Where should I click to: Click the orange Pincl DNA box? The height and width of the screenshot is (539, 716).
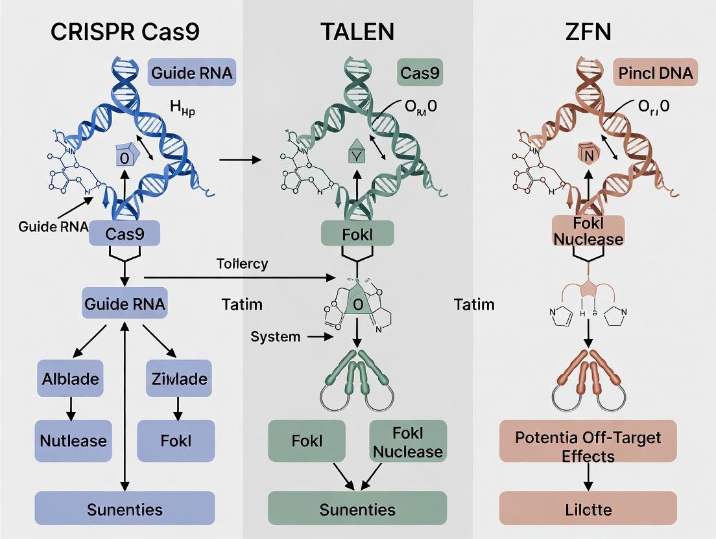[x=655, y=73]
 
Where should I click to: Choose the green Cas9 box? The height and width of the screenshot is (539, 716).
[x=420, y=73]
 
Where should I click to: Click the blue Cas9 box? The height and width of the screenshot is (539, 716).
[x=125, y=234]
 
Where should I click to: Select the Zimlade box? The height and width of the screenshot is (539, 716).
[x=176, y=379]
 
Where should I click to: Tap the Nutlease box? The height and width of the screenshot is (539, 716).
[x=73, y=441]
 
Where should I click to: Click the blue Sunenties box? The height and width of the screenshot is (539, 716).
[x=125, y=509]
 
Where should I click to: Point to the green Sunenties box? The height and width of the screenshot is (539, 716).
[x=357, y=509]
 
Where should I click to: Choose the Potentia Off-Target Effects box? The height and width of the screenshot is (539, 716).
[x=588, y=446]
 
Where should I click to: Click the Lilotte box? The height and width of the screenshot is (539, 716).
[x=588, y=509]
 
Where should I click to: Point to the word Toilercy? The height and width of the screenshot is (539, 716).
[x=243, y=264]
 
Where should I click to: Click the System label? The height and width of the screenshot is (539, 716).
[x=275, y=336]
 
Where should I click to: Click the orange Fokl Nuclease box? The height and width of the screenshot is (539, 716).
[x=588, y=231]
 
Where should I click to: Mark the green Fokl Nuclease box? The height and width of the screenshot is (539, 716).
[x=408, y=441]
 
